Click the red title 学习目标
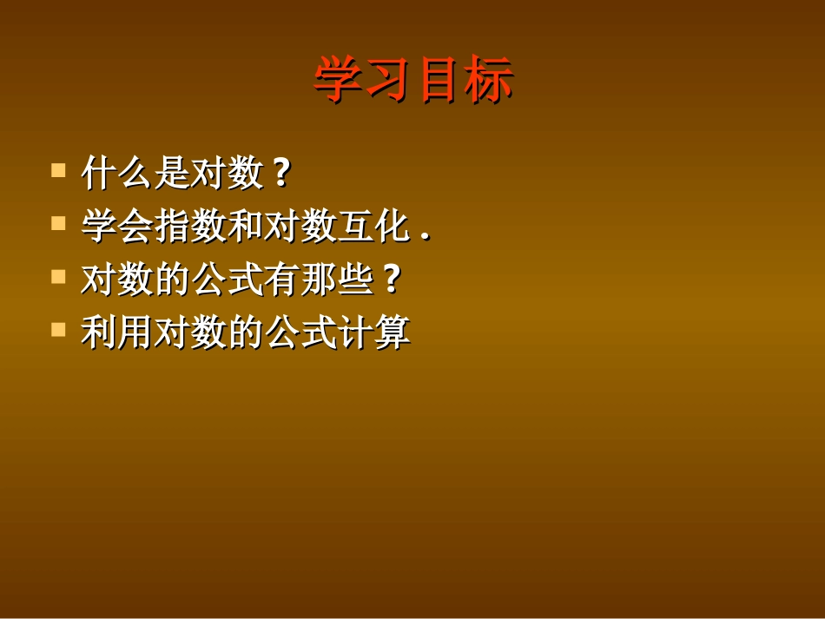413,81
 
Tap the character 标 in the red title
489,81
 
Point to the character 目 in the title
439,81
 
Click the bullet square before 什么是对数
59,168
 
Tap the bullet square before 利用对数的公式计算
59,329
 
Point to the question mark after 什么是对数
280,174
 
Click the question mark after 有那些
391,280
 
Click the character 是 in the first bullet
172,173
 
